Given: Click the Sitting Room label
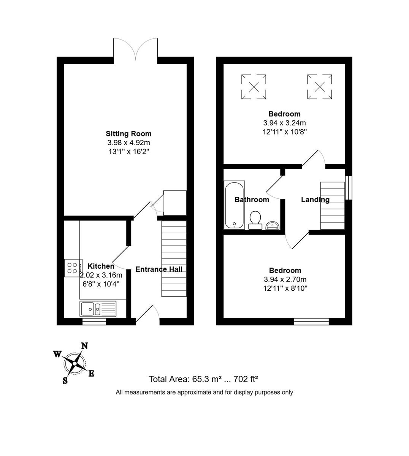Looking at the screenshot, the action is point(128,134).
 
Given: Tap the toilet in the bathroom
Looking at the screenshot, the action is point(255,220).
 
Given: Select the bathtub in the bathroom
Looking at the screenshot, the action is point(234,205).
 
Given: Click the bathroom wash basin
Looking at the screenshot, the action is point(273,225).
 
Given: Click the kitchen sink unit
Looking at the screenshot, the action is point(98,309).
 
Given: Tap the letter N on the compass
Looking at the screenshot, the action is point(84,346).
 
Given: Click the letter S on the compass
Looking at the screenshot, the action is point(65,380).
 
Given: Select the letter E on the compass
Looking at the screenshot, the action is point(91,374).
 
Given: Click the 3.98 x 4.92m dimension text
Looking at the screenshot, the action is point(128,142).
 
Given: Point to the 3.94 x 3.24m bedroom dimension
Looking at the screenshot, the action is point(285,123).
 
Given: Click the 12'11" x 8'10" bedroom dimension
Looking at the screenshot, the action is point(285,288).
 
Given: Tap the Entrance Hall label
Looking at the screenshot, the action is point(159,269).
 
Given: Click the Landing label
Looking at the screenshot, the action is point(315,199).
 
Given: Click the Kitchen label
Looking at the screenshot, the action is point(101,266).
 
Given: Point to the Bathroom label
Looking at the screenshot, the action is point(252,199).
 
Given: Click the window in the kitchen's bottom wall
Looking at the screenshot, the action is point(94,321).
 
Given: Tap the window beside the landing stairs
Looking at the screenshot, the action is point(349,188).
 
